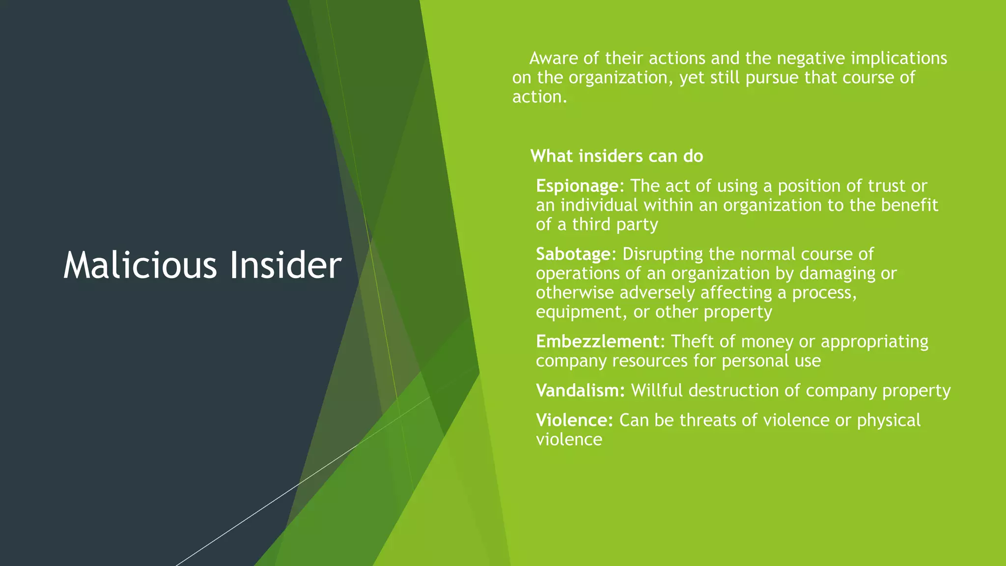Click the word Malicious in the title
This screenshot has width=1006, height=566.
click(140, 265)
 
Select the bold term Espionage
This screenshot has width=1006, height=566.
click(577, 186)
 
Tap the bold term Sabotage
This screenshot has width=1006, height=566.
click(573, 254)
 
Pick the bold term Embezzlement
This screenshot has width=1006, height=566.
click(597, 341)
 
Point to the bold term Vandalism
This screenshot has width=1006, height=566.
click(580, 391)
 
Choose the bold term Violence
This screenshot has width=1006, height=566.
click(574, 421)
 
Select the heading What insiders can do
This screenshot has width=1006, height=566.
click(616, 156)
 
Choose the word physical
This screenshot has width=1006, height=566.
click(889, 421)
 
